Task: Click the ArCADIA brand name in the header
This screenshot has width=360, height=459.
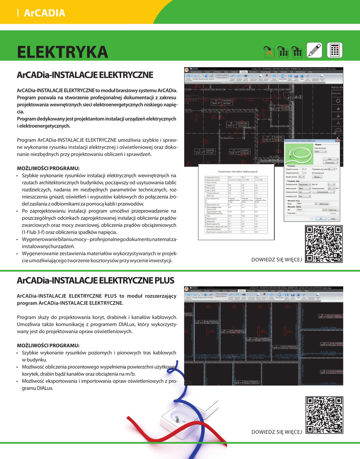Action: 44,13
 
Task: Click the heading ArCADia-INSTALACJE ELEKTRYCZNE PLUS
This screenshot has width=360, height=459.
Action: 95,281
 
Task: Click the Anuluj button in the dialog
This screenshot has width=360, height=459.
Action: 332,218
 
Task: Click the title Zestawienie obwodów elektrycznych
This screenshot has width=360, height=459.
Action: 238,172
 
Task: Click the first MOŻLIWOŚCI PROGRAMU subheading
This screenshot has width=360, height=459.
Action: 48,168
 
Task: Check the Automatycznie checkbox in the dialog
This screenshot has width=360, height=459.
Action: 312,173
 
